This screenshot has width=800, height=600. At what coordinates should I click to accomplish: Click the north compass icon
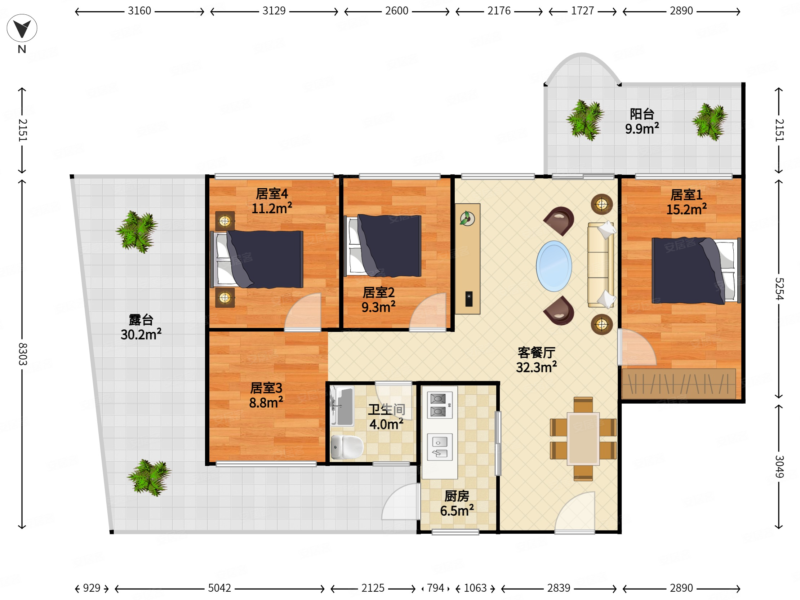coord(22,28)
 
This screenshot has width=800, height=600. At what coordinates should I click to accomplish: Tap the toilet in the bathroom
coord(347,447)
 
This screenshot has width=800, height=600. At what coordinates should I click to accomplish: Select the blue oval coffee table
coord(554,266)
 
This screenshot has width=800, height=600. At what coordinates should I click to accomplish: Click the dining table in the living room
coord(583,438)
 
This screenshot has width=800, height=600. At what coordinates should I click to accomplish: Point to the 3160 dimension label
coord(139,11)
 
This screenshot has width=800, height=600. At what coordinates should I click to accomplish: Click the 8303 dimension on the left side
coord(22,355)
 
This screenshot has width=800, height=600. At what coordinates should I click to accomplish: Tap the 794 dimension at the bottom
coord(435,588)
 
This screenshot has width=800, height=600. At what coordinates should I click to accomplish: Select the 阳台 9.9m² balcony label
coord(642,121)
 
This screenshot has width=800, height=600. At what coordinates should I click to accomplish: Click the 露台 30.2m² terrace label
coord(141,327)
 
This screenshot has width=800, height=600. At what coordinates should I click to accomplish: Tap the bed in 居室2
coord(383,245)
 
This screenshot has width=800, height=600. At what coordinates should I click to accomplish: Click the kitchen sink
coord(440,447)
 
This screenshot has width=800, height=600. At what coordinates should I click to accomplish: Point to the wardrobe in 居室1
coord(679,384)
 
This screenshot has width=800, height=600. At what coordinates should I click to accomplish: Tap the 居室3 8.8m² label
coord(266,395)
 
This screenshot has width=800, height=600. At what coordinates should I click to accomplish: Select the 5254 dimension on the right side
coord(779,289)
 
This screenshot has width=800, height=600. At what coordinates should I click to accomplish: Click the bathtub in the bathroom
coord(342,406)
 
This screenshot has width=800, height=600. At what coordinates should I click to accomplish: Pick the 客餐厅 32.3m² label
coord(536,360)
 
